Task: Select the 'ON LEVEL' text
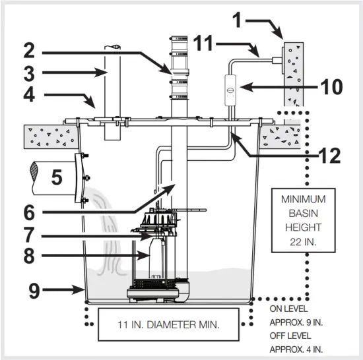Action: [289, 309]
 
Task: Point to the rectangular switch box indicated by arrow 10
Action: [230, 87]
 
